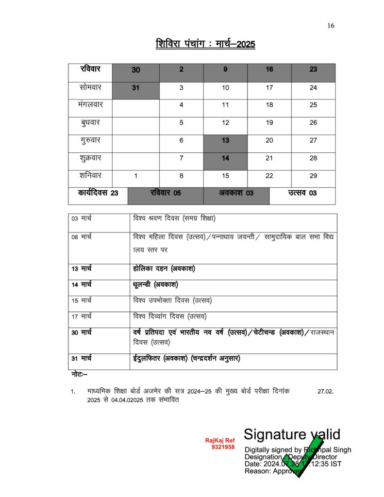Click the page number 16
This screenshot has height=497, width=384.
click(331, 26)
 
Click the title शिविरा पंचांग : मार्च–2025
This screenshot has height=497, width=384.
click(205, 44)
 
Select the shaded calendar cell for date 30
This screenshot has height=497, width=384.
click(136, 70)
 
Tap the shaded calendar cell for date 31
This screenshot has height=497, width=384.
click(136, 88)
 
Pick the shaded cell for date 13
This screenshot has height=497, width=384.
click(225, 141)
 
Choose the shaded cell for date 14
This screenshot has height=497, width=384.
click(225, 158)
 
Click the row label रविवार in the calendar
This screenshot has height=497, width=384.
click(90, 69)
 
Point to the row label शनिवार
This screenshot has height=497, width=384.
click(90, 176)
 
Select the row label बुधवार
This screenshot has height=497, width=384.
click(90, 123)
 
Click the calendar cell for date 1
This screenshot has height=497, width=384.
click(136, 176)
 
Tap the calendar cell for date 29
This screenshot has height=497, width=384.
click(313, 176)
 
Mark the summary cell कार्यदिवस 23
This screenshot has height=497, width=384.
click(98, 193)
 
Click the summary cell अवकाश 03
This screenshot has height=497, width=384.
click(235, 193)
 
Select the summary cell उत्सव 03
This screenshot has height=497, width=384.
click(302, 193)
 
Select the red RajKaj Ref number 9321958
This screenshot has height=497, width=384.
click(223, 447)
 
